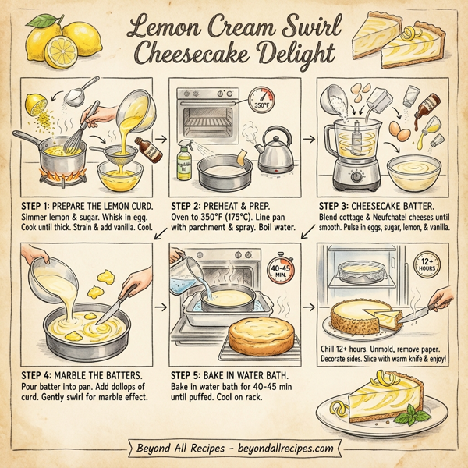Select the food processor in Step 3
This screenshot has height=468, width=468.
point(349,152)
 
